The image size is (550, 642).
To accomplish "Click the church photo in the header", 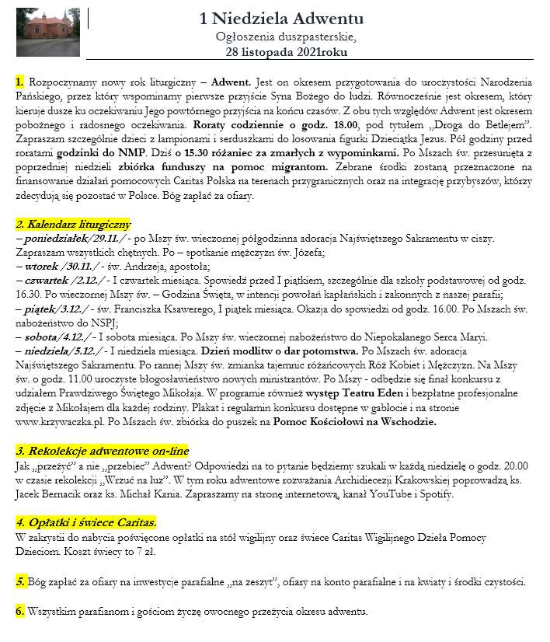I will click(42, 30).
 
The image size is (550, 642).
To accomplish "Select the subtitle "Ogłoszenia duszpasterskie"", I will click(287, 36).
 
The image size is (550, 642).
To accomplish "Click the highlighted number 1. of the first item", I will click(19, 82).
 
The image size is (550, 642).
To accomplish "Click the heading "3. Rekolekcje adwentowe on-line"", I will click(101, 452).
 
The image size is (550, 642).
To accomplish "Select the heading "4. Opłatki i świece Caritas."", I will click(86, 522).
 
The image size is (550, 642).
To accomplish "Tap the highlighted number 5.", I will click(19, 581).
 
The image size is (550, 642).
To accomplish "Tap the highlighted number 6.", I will click(19, 611).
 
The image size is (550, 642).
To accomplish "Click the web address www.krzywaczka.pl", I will click(65, 422).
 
